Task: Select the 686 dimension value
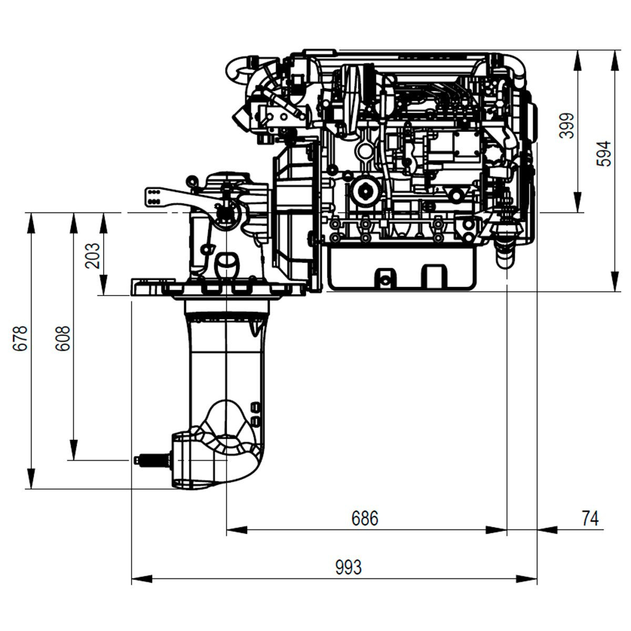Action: tap(365, 518)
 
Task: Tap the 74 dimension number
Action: tap(590, 518)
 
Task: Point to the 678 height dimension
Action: tap(19, 339)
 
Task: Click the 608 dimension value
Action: tap(62, 339)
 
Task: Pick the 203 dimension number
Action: tap(92, 256)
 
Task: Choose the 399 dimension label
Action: tap(567, 126)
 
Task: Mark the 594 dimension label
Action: tap(604, 154)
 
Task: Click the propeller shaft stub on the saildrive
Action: tap(153, 460)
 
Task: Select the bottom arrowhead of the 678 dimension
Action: tap(31, 479)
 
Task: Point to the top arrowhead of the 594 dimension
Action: tap(615, 60)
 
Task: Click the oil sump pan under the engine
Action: tap(401, 269)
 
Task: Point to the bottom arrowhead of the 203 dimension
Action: tap(104, 284)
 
